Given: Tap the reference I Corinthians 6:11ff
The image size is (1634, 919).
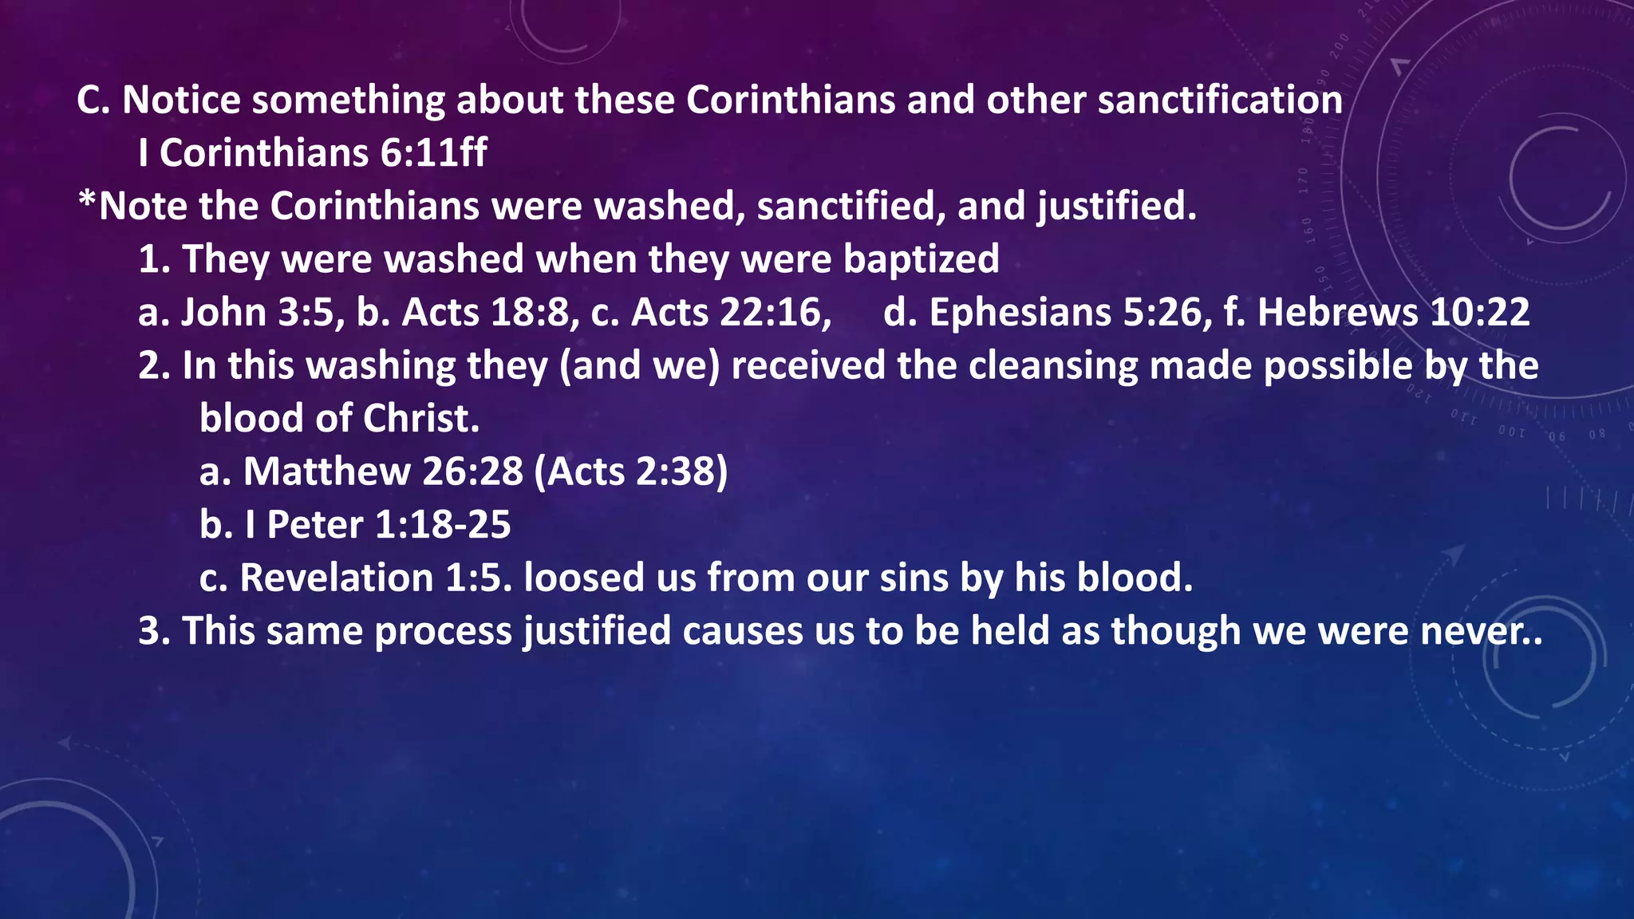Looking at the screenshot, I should coord(312,153).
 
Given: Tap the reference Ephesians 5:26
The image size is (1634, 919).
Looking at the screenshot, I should coord(1064,312).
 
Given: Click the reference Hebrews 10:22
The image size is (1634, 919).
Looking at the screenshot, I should coord(1393,312).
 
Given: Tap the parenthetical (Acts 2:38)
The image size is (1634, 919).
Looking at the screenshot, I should coord(631,471).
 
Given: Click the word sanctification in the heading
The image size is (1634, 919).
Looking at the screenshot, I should coord(1220,101).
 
